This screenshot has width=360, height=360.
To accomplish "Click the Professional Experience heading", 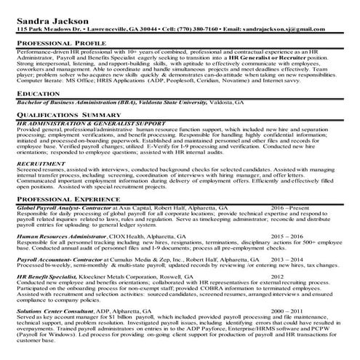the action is pos(69,199).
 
